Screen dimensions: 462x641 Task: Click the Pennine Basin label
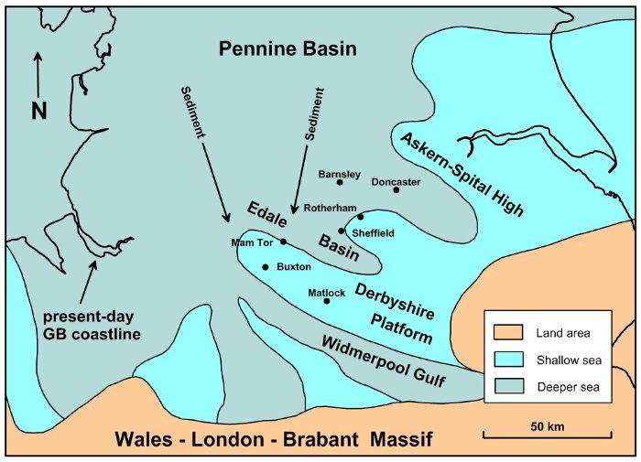(x=288, y=48)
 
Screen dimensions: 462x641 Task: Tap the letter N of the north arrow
(x=38, y=111)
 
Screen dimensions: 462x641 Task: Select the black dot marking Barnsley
(x=341, y=183)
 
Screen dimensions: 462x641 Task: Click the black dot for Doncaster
(x=397, y=190)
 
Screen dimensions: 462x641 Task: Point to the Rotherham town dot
(x=361, y=217)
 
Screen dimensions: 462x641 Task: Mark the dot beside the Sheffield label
(x=341, y=231)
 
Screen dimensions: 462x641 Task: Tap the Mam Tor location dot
(x=283, y=242)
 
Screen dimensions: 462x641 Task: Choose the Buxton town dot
(x=266, y=267)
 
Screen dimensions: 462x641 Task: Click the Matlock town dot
(x=327, y=301)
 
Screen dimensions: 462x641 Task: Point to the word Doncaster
(x=396, y=181)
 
